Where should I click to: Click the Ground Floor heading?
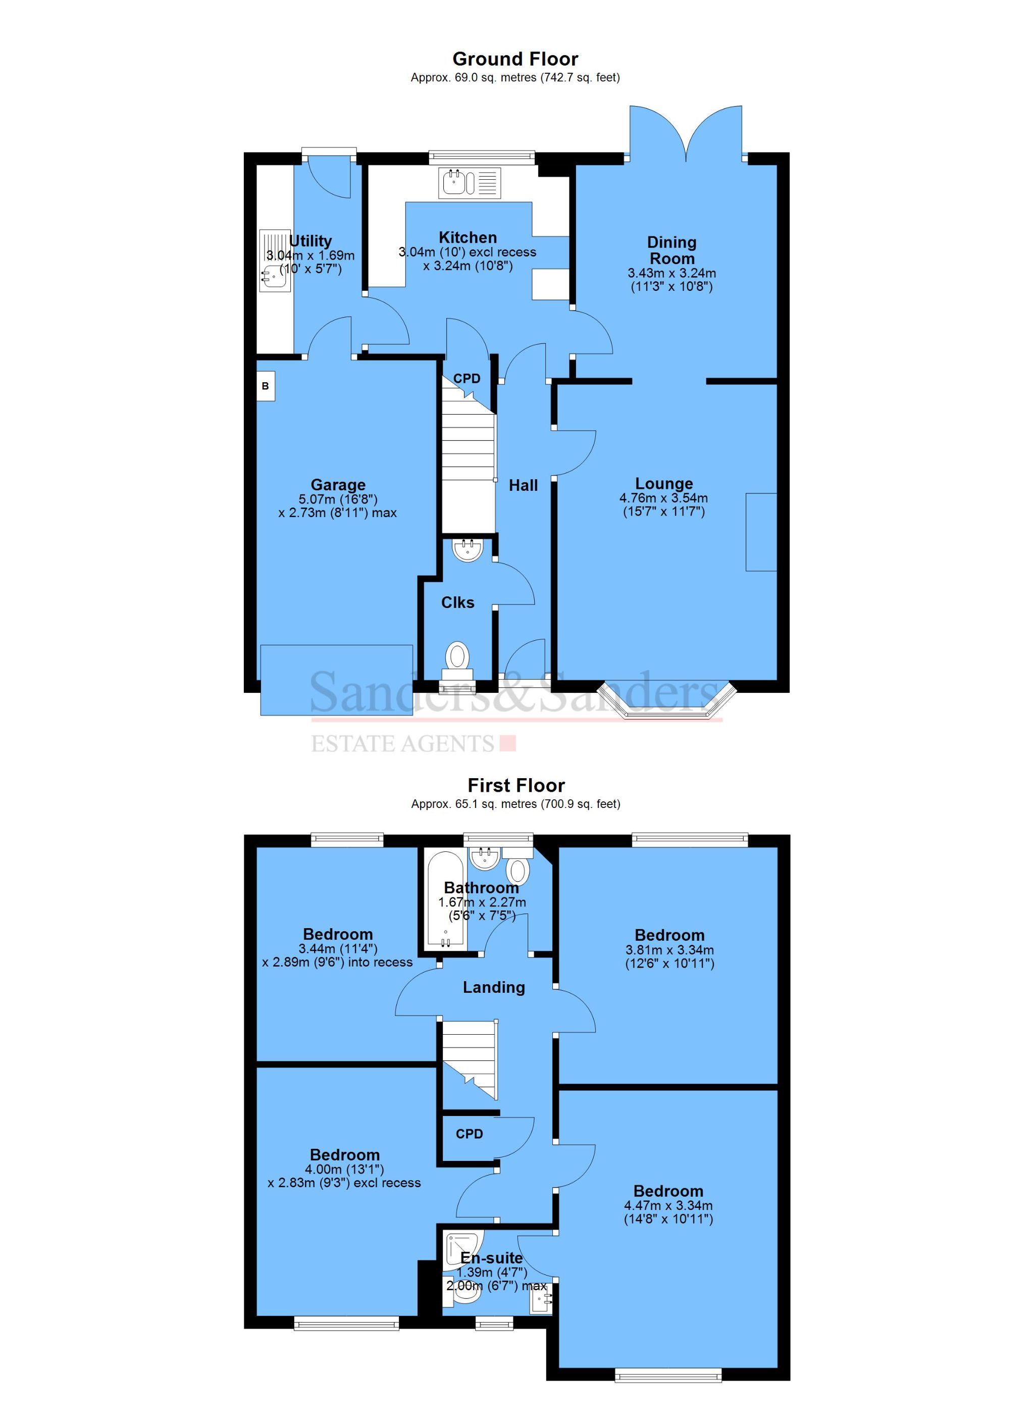[x=515, y=59]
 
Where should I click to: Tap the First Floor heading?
[x=516, y=785]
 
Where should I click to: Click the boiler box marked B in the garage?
[x=265, y=386]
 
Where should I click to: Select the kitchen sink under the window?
[x=454, y=182]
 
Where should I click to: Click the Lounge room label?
[x=663, y=483]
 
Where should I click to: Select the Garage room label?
[x=338, y=485]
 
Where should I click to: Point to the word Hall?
[x=523, y=485]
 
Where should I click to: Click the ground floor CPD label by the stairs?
[x=467, y=379]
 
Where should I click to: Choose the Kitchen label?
[x=468, y=238]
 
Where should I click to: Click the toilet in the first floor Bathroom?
[x=518, y=870]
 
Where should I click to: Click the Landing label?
[x=493, y=988]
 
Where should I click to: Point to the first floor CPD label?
[x=469, y=1134]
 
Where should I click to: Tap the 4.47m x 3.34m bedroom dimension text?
[x=668, y=1205]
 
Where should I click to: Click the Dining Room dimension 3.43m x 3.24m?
[x=671, y=273]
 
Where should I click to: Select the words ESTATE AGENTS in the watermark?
[x=403, y=744]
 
